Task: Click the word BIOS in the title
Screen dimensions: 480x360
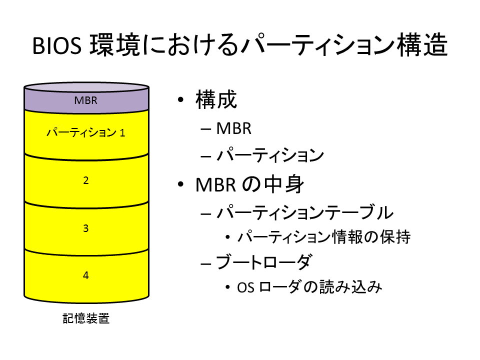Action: [57, 46]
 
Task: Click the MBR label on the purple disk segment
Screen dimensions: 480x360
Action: [85, 100]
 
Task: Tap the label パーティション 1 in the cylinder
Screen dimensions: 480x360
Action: [85, 132]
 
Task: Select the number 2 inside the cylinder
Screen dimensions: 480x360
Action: [85, 180]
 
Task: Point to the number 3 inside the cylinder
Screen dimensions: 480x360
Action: [85, 228]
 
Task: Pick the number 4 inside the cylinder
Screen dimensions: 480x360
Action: [85, 275]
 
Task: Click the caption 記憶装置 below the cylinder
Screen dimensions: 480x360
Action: [86, 318]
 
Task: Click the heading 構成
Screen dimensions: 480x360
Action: [216, 99]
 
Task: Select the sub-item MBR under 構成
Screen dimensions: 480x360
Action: [234, 128]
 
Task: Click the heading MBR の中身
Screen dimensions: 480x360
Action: [250, 184]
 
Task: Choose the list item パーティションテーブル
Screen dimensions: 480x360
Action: [305, 212]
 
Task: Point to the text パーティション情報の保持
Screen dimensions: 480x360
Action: [324, 237]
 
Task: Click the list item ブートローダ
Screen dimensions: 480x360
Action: [264, 262]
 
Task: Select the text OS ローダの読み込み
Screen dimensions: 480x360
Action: [309, 287]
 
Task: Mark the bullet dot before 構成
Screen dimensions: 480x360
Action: [180, 99]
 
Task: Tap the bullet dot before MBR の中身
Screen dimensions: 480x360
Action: [180, 184]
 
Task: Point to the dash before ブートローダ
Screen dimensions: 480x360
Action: [205, 263]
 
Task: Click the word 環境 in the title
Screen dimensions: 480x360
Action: [115, 45]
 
